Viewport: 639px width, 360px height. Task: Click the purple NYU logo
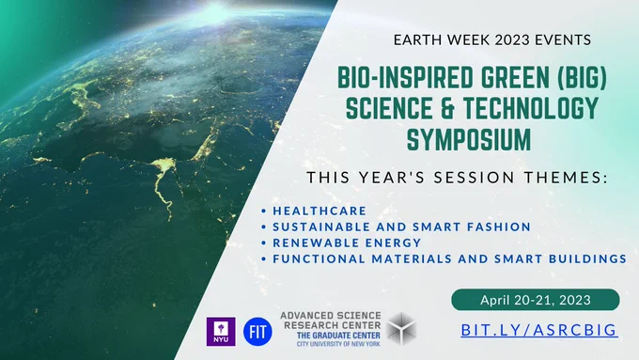coord(221,332)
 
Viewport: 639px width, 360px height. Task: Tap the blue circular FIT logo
coord(257,332)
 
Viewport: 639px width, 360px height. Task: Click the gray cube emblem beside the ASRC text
coord(401,329)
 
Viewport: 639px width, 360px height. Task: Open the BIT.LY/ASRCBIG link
coord(539,330)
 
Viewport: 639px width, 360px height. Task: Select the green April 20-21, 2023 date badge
coord(536,300)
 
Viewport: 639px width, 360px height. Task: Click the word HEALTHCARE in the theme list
coord(319,211)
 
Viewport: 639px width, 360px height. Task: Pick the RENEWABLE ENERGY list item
coord(347,243)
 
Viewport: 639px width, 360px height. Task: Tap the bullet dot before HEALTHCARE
coord(264,211)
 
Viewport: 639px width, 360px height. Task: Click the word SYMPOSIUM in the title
coord(469,139)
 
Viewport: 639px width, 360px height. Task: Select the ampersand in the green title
coord(447,108)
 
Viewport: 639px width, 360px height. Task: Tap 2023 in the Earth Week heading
coord(512,40)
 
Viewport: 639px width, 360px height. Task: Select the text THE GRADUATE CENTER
coord(338,336)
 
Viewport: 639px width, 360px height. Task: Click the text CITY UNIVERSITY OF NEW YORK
coord(338,344)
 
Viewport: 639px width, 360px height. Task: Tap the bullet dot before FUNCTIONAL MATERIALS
coord(264,258)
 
